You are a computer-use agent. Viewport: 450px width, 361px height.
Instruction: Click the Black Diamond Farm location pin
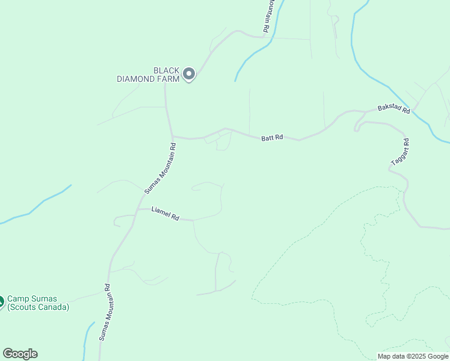[189, 74]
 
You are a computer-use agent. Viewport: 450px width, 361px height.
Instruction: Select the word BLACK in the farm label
[167, 70]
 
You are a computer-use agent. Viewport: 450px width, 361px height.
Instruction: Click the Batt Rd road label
[272, 138]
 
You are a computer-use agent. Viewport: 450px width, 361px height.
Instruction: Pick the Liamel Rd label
[165, 214]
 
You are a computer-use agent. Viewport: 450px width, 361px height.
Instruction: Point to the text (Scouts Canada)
[38, 307]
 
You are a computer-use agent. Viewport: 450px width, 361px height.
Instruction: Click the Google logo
[20, 353]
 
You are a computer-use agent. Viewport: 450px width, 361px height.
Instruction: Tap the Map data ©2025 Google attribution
[413, 356]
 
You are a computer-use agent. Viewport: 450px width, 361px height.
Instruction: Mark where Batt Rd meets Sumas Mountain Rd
[172, 137]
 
